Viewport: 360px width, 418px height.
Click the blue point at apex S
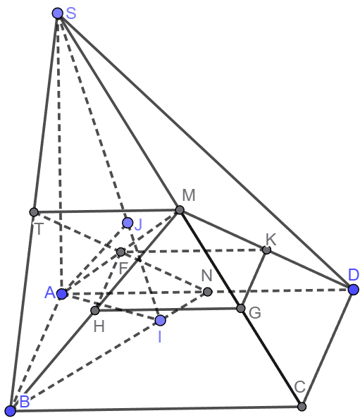pyautogui.click(x=58, y=13)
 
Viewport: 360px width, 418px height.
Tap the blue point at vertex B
pyautogui.click(x=11, y=411)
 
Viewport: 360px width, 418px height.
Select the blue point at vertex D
pyautogui.click(x=354, y=290)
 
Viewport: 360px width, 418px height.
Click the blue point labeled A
pyautogui.click(x=62, y=294)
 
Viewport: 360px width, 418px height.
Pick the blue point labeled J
pyautogui.click(x=128, y=223)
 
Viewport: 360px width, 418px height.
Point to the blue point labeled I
pyautogui.click(x=160, y=321)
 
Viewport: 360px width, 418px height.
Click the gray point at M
pyautogui.click(x=180, y=210)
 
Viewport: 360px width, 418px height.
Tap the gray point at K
pyautogui.click(x=266, y=250)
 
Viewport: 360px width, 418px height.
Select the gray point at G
pyautogui.click(x=241, y=309)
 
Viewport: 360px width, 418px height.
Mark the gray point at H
pyautogui.click(x=95, y=310)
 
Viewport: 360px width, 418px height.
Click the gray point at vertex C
pyautogui.click(x=302, y=407)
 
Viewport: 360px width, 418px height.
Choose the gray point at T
pyautogui.click(x=34, y=212)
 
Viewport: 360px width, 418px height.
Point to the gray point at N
pyautogui.click(x=208, y=292)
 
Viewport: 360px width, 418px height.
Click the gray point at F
pyautogui.click(x=120, y=252)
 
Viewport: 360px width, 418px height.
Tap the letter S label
pyautogui.click(x=71, y=13)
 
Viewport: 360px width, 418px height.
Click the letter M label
pyautogui.click(x=189, y=195)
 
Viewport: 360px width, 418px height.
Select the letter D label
pyautogui.click(x=354, y=275)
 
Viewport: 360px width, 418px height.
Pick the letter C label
pyautogui.click(x=300, y=387)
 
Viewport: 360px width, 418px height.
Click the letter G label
pyautogui.click(x=255, y=313)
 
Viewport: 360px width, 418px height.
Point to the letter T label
pyautogui.click(x=39, y=228)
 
